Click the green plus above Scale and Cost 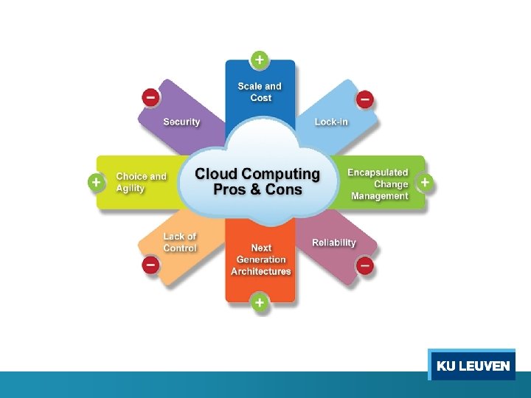coord(260,58)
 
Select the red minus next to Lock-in coord(365,99)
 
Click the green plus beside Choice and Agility coord(96,182)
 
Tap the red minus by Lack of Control coord(150,264)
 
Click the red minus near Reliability coord(365,264)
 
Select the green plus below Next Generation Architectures coord(260,302)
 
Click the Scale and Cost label coord(260,92)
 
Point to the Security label coord(181,122)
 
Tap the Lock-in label coord(331,122)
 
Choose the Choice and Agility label coord(141,182)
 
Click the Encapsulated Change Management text coord(378,184)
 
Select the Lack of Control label coord(180,242)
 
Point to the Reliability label coord(333,242)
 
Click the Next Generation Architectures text coord(260,259)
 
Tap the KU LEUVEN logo coord(473,366)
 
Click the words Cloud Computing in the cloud coord(257,175)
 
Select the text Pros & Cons coord(257,190)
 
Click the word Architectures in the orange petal coord(260,271)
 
